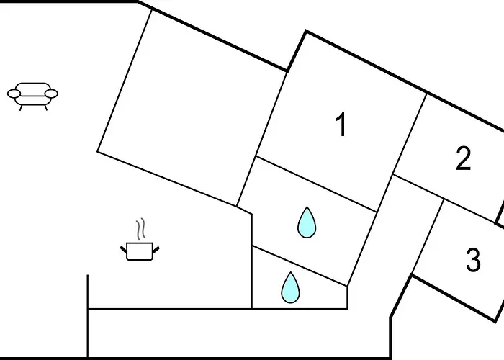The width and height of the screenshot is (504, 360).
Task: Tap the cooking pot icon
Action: pyautogui.click(x=139, y=251)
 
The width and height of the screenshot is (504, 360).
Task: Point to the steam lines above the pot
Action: pyautogui.click(x=142, y=229)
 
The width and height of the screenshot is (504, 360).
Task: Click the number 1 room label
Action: pyautogui.click(x=341, y=126)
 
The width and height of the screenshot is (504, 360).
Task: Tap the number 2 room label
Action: pyautogui.click(x=463, y=158)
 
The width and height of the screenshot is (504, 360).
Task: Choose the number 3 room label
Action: pyautogui.click(x=472, y=261)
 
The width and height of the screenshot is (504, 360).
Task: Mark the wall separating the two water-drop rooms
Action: pyautogui.click(x=299, y=266)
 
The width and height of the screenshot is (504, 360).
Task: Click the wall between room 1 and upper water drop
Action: pyautogui.click(x=317, y=184)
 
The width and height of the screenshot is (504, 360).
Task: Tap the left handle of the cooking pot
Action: pyautogui.click(x=123, y=249)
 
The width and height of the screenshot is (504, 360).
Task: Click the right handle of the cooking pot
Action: pyautogui.click(x=156, y=249)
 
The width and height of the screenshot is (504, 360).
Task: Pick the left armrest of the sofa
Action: pyautogui.click(x=14, y=93)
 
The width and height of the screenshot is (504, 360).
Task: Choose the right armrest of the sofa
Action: pyautogui.click(x=52, y=93)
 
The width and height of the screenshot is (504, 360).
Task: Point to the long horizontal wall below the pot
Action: pyautogui.click(x=169, y=309)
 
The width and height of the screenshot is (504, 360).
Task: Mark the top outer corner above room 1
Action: pyautogui.click(x=306, y=31)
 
